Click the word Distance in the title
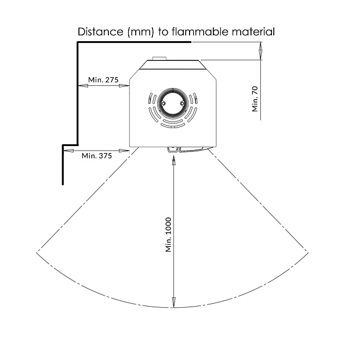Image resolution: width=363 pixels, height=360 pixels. click(x=100, y=32)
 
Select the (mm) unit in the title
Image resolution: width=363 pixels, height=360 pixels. click(x=140, y=32)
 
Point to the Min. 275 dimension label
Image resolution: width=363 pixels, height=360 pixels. click(x=103, y=80)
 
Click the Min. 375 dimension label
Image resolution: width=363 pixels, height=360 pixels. click(x=97, y=155)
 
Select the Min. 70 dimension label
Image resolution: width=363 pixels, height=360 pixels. click(x=255, y=99)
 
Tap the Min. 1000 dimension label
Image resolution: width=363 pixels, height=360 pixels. click(x=168, y=235)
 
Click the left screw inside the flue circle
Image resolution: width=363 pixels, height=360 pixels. click(x=163, y=103)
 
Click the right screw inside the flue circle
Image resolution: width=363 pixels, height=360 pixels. click(x=182, y=103)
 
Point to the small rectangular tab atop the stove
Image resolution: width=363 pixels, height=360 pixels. click(x=159, y=58)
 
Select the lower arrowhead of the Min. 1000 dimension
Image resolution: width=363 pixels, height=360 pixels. click(x=173, y=303)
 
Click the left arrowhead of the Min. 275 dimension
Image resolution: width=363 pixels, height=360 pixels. click(x=83, y=86)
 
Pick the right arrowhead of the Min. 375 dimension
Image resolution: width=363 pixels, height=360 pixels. click(x=124, y=151)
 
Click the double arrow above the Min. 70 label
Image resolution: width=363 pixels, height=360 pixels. click(x=261, y=51)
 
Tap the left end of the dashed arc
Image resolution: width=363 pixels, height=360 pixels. click(x=37, y=253)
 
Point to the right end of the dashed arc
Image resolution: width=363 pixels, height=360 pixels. click(x=308, y=253)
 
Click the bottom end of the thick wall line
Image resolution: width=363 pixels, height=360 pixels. click(x=63, y=184)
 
